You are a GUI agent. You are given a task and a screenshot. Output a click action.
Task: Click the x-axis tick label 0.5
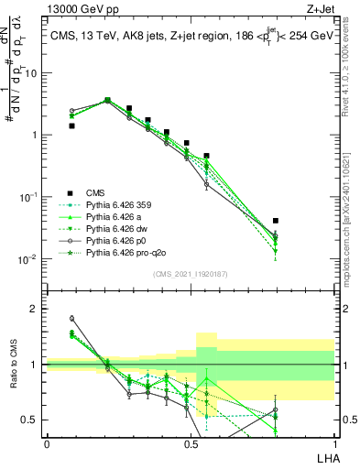[x=190, y=442]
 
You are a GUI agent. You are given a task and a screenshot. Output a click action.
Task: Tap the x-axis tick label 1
[x=334, y=442]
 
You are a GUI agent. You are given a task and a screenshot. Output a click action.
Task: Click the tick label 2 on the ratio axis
[x=36, y=309]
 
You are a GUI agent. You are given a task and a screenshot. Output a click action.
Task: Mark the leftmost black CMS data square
[x=72, y=125]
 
